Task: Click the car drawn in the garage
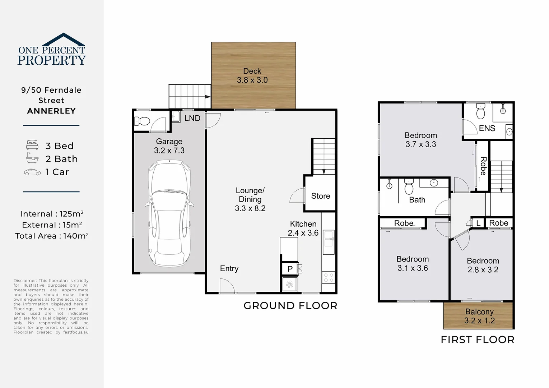coord(169,214)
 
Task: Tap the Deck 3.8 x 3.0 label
coord(252,76)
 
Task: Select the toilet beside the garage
coord(143,121)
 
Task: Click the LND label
coord(192,118)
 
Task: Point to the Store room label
coord(320,196)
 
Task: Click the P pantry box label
coord(290,269)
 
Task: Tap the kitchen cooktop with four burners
coord(329,278)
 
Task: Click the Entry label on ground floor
coord(229,269)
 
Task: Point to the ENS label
coord(487,128)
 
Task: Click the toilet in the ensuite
coord(480,112)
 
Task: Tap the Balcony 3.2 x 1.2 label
coord(479,316)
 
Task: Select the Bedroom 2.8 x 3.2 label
coord(483,265)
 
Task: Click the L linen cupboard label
coord(478,223)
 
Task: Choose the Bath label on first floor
coord(417,200)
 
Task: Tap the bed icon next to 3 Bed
coord(32,145)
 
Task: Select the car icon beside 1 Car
coord(32,172)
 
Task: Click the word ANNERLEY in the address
coord(51,111)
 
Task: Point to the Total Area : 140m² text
coord(52,236)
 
